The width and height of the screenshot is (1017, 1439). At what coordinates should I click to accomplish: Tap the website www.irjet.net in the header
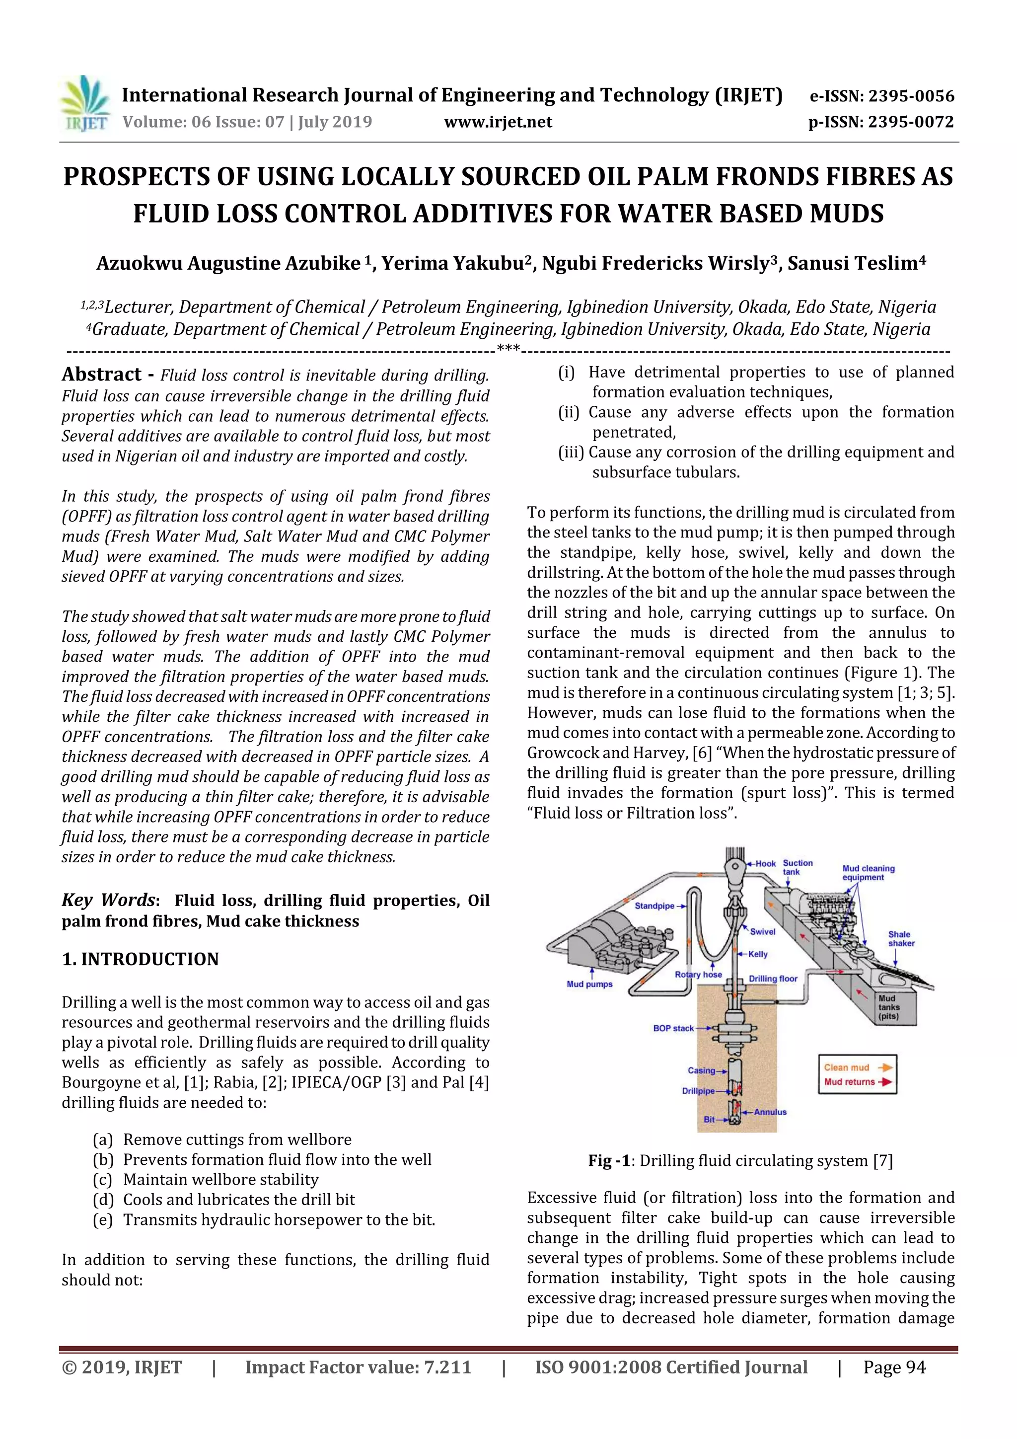pos(498,122)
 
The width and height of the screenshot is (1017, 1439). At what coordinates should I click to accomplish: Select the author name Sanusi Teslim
pos(852,264)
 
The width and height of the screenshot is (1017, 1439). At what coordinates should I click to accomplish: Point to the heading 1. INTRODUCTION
pos(141,959)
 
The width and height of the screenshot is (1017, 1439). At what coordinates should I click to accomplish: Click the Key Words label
pos(108,900)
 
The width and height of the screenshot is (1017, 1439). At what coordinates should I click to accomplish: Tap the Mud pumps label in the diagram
pos(589,984)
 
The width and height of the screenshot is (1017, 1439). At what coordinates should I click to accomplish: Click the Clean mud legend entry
pos(847,1067)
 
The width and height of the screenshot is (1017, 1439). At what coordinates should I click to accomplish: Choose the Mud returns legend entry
pos(849,1082)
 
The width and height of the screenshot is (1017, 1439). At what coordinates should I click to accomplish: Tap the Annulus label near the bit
pos(770,1112)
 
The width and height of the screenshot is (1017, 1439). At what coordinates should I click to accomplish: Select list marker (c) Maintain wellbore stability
pos(102,1180)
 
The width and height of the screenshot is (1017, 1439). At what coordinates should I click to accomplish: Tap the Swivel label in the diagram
pos(763,931)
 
